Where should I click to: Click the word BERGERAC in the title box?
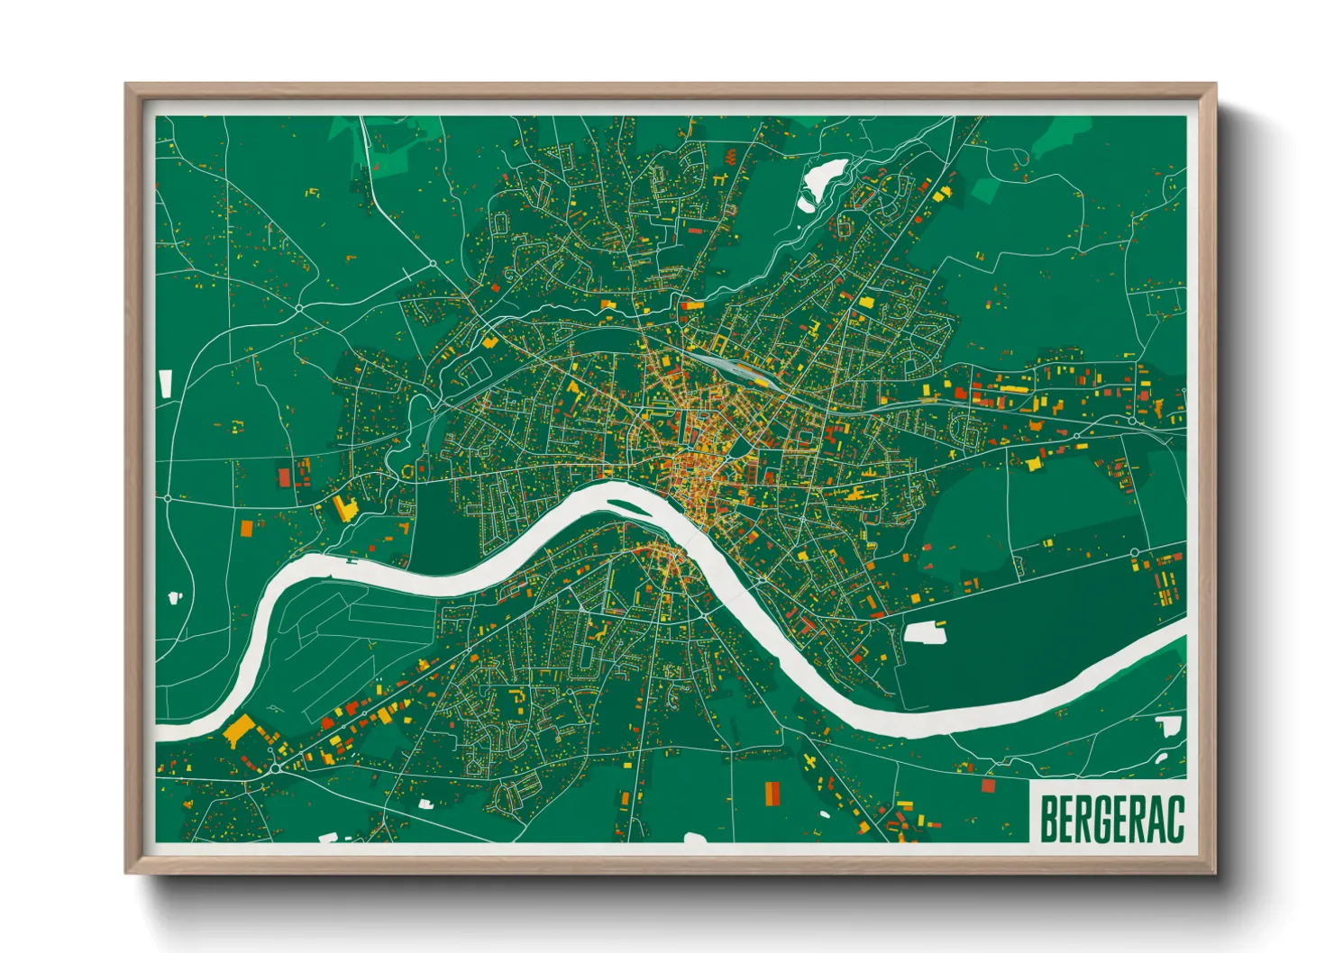point(1111,819)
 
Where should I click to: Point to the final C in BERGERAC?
point(1174,819)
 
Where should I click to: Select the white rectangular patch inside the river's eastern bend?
point(925,632)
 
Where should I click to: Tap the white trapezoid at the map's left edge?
point(165,383)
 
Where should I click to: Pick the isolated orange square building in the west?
point(247,528)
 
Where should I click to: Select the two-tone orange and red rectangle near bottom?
point(772,794)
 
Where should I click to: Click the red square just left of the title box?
point(988,785)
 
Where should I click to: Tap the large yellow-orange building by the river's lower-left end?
point(239,730)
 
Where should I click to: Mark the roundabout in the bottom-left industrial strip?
point(274,768)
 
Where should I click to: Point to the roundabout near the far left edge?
point(168,497)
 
